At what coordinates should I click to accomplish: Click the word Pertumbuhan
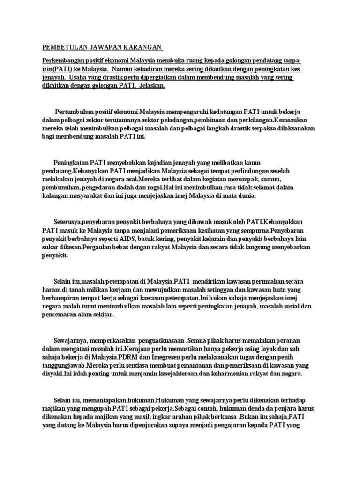point(76,112)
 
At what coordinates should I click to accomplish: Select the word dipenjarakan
point(138,426)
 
